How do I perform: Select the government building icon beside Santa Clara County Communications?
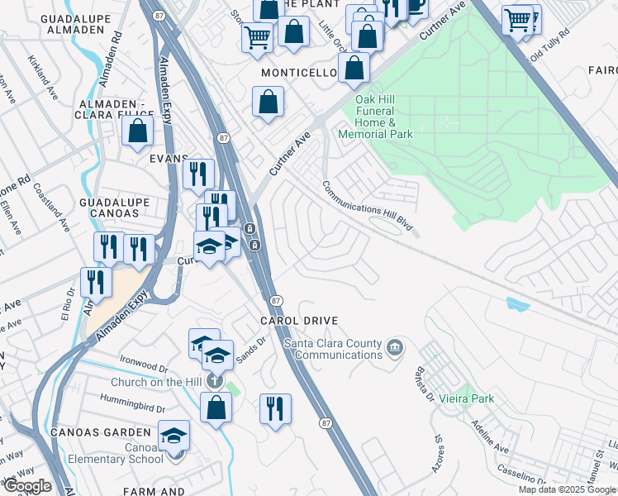click(x=394, y=346)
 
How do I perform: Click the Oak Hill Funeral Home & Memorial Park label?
click(x=383, y=117)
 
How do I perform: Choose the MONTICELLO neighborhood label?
click(x=299, y=73)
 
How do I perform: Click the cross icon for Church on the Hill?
click(x=215, y=381)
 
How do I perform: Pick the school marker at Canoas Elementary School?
click(x=174, y=435)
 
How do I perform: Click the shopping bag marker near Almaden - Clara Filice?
click(x=137, y=131)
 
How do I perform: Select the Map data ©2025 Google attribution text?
click(x=567, y=489)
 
